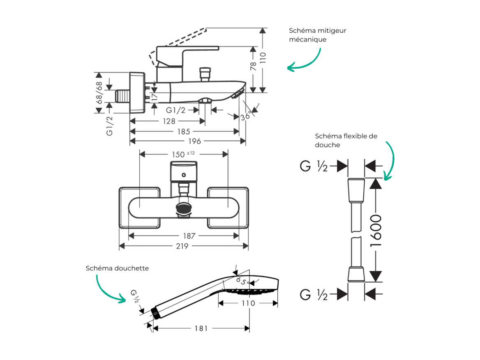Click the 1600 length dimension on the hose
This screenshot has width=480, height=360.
click(x=376, y=231)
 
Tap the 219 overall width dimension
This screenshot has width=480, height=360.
click(x=182, y=246)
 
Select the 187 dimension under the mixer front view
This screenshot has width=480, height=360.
click(x=189, y=236)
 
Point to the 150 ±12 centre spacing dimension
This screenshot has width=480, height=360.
click(x=183, y=154)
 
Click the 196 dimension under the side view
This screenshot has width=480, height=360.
click(x=195, y=141)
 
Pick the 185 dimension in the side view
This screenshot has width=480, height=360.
click(x=184, y=132)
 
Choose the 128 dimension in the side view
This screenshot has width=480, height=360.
click(x=169, y=121)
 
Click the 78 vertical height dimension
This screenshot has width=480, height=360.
click(x=253, y=66)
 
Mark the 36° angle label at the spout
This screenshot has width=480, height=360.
click(x=246, y=116)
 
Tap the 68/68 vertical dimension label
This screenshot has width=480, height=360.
click(x=99, y=93)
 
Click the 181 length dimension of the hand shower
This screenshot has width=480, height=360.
click(x=201, y=328)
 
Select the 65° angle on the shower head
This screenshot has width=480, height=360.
click(x=242, y=281)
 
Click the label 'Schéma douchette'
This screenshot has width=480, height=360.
click(x=117, y=268)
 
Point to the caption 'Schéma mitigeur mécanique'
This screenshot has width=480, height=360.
click(x=317, y=35)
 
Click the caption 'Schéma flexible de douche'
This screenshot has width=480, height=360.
click(x=346, y=141)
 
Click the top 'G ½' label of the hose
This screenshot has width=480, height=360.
click(x=314, y=166)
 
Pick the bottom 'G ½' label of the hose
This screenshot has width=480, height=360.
click(x=314, y=295)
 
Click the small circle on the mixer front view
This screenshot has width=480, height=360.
click(x=184, y=175)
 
